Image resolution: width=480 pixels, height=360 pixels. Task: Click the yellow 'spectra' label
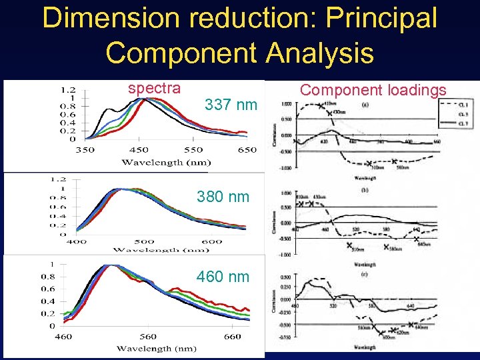click(x=154, y=88)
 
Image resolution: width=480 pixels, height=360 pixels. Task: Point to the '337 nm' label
click(x=231, y=105)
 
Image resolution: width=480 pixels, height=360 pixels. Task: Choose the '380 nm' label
click(x=223, y=197)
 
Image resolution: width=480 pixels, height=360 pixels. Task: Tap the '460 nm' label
click(x=223, y=276)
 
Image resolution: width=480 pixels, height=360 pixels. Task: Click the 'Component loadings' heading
click(x=373, y=90)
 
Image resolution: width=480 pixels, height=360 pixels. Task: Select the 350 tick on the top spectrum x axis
click(x=85, y=150)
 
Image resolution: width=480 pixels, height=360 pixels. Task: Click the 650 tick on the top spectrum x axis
click(x=247, y=150)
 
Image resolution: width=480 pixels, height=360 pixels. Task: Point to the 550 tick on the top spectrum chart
click(x=193, y=150)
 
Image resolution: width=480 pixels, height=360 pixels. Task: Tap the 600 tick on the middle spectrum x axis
click(x=211, y=241)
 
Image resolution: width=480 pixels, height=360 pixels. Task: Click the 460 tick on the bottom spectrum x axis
click(x=63, y=337)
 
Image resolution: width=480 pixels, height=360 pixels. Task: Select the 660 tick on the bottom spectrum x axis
click(x=233, y=337)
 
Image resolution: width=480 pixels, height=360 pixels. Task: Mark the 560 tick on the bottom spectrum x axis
click(x=148, y=337)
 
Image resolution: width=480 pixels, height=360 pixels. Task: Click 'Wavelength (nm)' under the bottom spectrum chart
click(x=153, y=348)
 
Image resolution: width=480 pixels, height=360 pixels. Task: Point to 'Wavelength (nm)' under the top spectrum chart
click(x=166, y=162)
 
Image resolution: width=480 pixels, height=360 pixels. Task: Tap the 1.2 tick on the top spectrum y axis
click(x=67, y=90)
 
